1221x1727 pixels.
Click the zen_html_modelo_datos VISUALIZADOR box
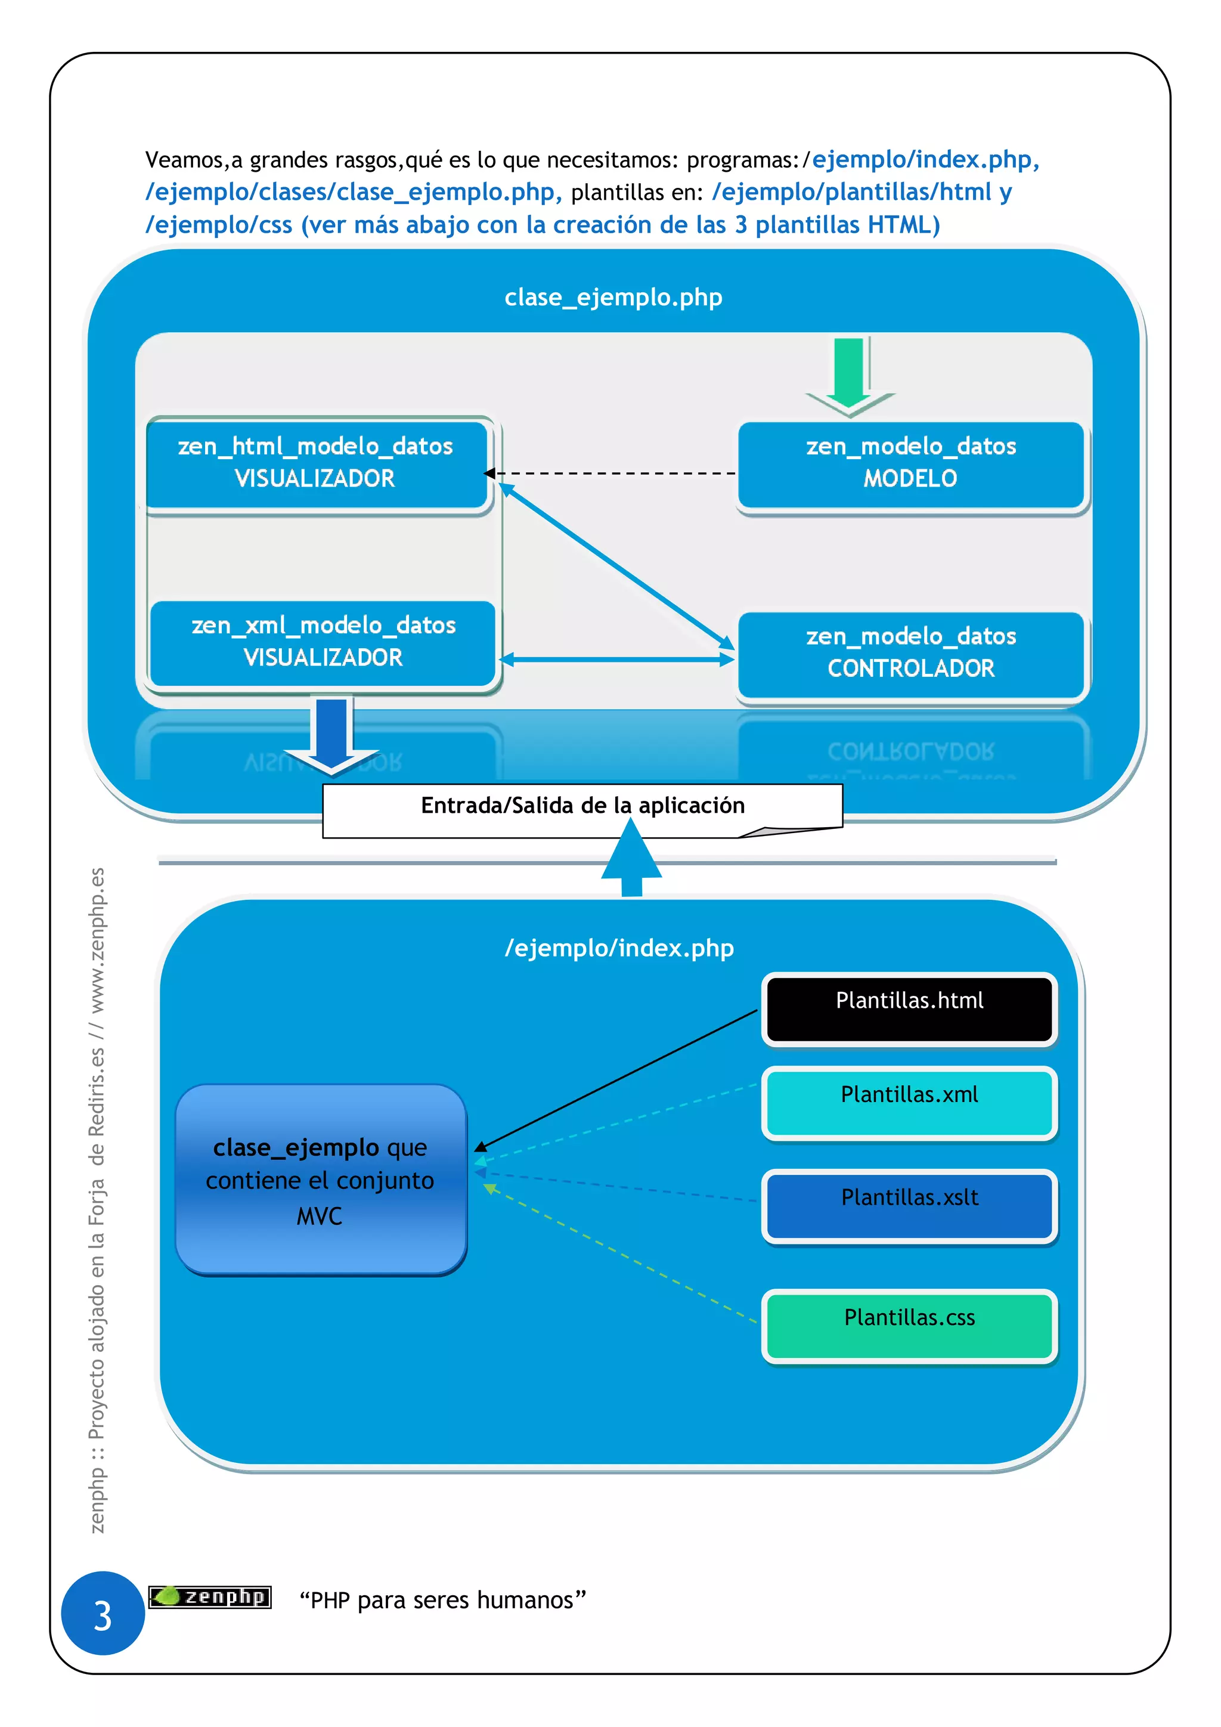tap(316, 463)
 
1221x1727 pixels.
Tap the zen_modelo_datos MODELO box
tap(910, 463)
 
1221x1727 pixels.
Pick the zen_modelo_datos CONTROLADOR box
tap(910, 654)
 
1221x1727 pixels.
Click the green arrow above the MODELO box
tap(850, 376)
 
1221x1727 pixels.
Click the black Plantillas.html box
tap(909, 1008)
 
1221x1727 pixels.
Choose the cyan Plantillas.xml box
tap(909, 1102)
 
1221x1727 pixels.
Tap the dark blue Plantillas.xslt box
tap(909, 1205)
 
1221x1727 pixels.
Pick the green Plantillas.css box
tap(909, 1325)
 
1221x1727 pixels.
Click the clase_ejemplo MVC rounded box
tap(321, 1180)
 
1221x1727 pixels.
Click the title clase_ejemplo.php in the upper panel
tap(613, 298)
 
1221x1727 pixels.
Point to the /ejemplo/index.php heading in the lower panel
tap(619, 948)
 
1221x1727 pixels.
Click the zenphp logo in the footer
tap(210, 1596)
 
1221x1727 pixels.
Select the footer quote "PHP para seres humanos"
tap(442, 1600)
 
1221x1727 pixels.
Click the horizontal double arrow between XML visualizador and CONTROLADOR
tap(616, 660)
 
